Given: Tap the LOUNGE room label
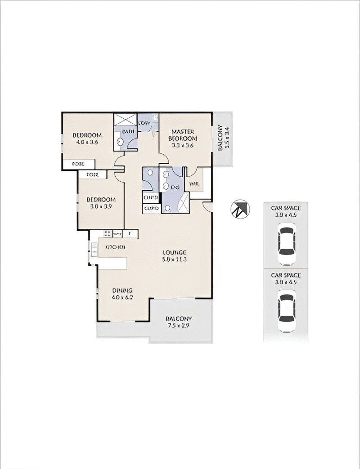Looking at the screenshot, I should pos(175,253).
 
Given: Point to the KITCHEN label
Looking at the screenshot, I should pos(115,247).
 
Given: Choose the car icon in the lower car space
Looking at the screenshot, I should pos(286,311).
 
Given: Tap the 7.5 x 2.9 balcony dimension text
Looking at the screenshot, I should pos(179,326).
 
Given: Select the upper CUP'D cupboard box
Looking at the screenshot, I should pos(151,198).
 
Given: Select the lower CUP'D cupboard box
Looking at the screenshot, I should pos(151,209).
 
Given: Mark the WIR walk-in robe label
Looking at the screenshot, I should pos(194,184).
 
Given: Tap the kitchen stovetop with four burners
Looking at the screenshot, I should pos(108,233).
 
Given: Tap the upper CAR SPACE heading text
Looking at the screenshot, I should pos(286,208).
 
